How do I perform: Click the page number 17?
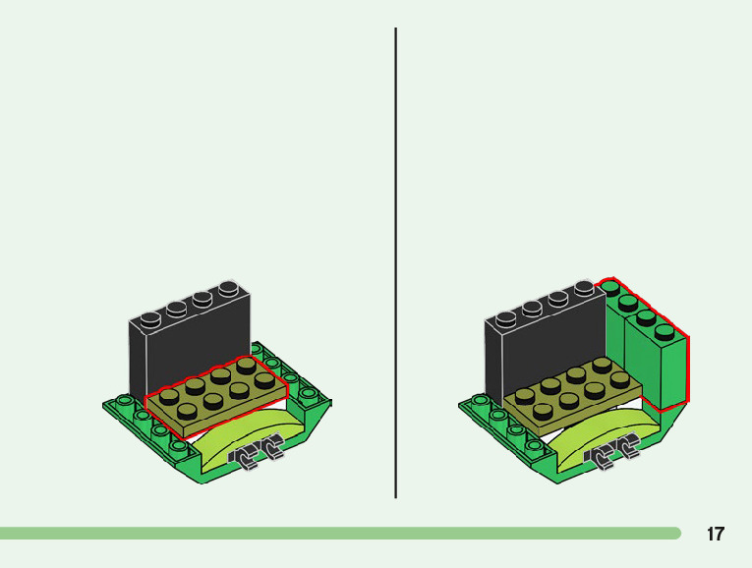click(x=716, y=535)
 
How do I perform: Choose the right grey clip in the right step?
click(x=625, y=452)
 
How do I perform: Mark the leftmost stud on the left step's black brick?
click(x=149, y=318)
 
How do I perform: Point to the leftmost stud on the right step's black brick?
click(x=506, y=318)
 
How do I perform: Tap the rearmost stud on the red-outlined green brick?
click(x=611, y=288)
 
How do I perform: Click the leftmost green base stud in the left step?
click(x=122, y=401)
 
